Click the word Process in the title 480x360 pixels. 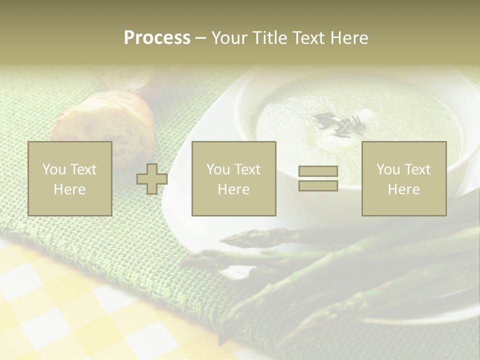click(x=157, y=38)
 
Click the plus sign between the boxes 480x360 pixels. click(x=152, y=179)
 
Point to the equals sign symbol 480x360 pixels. click(x=318, y=178)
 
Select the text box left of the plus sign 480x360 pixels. click(x=70, y=179)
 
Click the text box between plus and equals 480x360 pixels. click(x=233, y=179)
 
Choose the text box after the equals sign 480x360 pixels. click(x=404, y=179)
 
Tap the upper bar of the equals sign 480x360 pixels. click(x=318, y=171)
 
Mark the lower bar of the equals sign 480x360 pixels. click(x=318, y=185)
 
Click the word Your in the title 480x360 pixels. click(x=229, y=38)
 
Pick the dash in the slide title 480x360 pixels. click(x=200, y=38)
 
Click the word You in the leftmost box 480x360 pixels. click(x=52, y=169)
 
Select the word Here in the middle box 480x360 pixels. click(x=233, y=189)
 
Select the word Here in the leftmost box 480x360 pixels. click(x=70, y=189)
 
